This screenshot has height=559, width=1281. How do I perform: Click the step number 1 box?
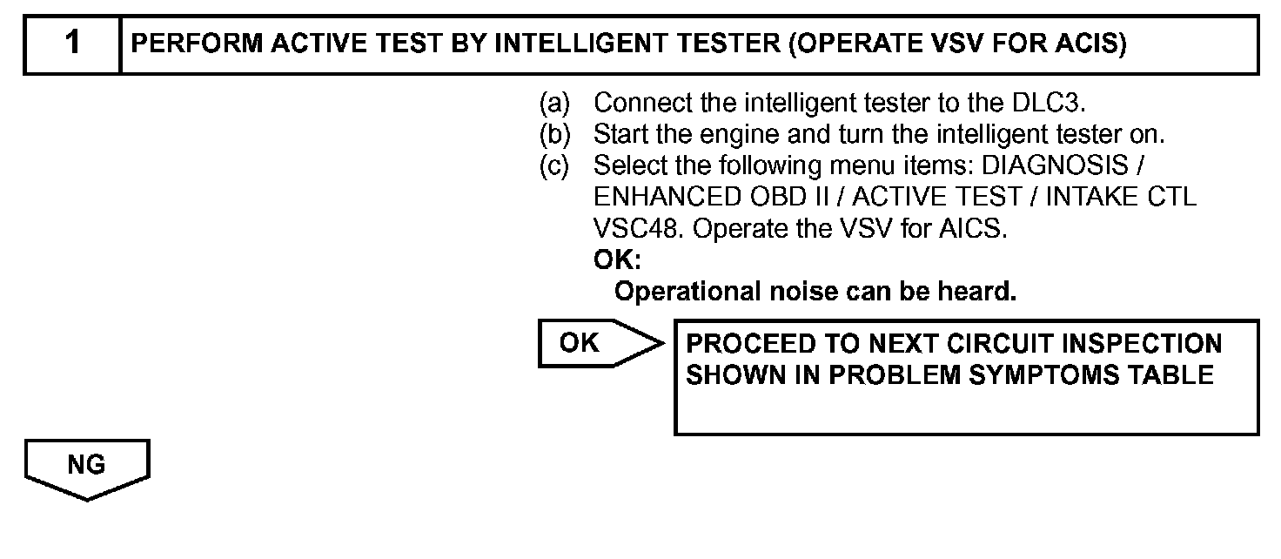[x=72, y=44]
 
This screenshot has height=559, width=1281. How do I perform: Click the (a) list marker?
[x=554, y=104]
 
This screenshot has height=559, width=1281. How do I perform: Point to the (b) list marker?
[x=554, y=135]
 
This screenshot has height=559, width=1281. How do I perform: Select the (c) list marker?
[x=554, y=165]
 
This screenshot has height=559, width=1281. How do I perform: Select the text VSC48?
[x=628, y=228]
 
